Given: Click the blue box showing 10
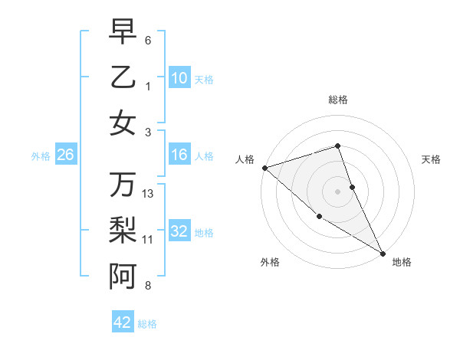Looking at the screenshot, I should point(179,78).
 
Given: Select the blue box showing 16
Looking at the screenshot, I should point(179,155).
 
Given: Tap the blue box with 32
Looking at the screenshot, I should point(179,232).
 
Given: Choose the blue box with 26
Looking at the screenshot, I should point(66,155).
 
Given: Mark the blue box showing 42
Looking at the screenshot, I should point(123,322).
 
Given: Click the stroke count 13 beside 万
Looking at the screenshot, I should point(148,194).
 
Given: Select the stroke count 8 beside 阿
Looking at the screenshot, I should point(148,286).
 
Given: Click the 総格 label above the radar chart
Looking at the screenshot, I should point(338,100).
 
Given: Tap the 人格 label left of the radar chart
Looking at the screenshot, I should point(245,159).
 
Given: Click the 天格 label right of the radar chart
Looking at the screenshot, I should point(432,159).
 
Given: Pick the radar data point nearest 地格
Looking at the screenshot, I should point(383,253).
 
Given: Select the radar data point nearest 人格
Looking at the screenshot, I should point(264,168).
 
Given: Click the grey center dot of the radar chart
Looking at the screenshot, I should point(338,191).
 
